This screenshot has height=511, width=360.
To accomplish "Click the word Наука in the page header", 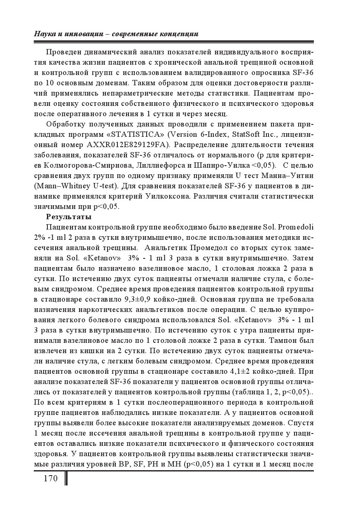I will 44,34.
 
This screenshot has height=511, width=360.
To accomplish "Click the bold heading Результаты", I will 69,216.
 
